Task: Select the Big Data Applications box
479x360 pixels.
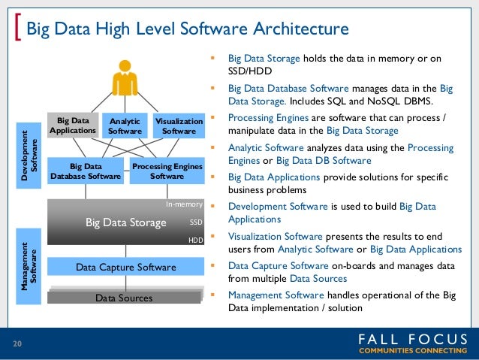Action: point(73,125)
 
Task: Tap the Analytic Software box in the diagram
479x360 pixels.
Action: point(125,126)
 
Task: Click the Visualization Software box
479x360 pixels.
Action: point(179,126)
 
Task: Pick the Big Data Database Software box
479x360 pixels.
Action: point(85,171)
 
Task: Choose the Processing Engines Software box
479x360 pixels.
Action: point(167,171)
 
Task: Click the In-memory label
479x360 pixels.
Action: point(184,204)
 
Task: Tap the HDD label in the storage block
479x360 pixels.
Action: point(195,241)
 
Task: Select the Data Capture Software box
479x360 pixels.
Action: point(125,267)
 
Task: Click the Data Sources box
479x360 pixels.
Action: point(124,298)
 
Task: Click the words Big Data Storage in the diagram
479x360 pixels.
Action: point(125,222)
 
